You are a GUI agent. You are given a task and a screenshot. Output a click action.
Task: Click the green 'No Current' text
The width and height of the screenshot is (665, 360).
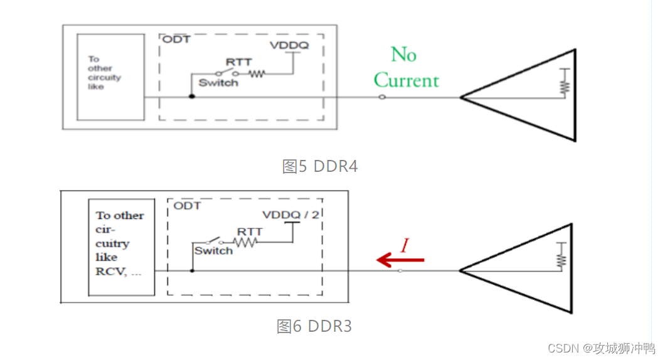point(405,68)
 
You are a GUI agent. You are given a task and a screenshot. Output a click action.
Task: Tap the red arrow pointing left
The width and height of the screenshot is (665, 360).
point(400,259)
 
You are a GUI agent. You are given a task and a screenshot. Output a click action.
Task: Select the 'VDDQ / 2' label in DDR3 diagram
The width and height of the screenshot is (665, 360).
point(290,214)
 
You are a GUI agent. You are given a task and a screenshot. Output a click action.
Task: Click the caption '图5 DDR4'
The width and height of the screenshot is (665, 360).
point(319,166)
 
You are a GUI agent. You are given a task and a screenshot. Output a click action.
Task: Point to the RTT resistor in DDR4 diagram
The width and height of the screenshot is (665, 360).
point(257,73)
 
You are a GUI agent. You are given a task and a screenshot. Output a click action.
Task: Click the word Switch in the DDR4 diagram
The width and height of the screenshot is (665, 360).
point(218,83)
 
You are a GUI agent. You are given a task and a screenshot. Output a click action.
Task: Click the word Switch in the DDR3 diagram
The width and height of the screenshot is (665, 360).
point(213,251)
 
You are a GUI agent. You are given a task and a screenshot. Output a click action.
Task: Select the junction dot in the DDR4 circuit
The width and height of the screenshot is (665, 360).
point(191,97)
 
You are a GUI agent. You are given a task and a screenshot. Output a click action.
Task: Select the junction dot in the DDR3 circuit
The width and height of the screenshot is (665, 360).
point(192,271)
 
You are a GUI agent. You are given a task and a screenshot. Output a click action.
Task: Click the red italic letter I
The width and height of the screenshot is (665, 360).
point(405,245)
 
